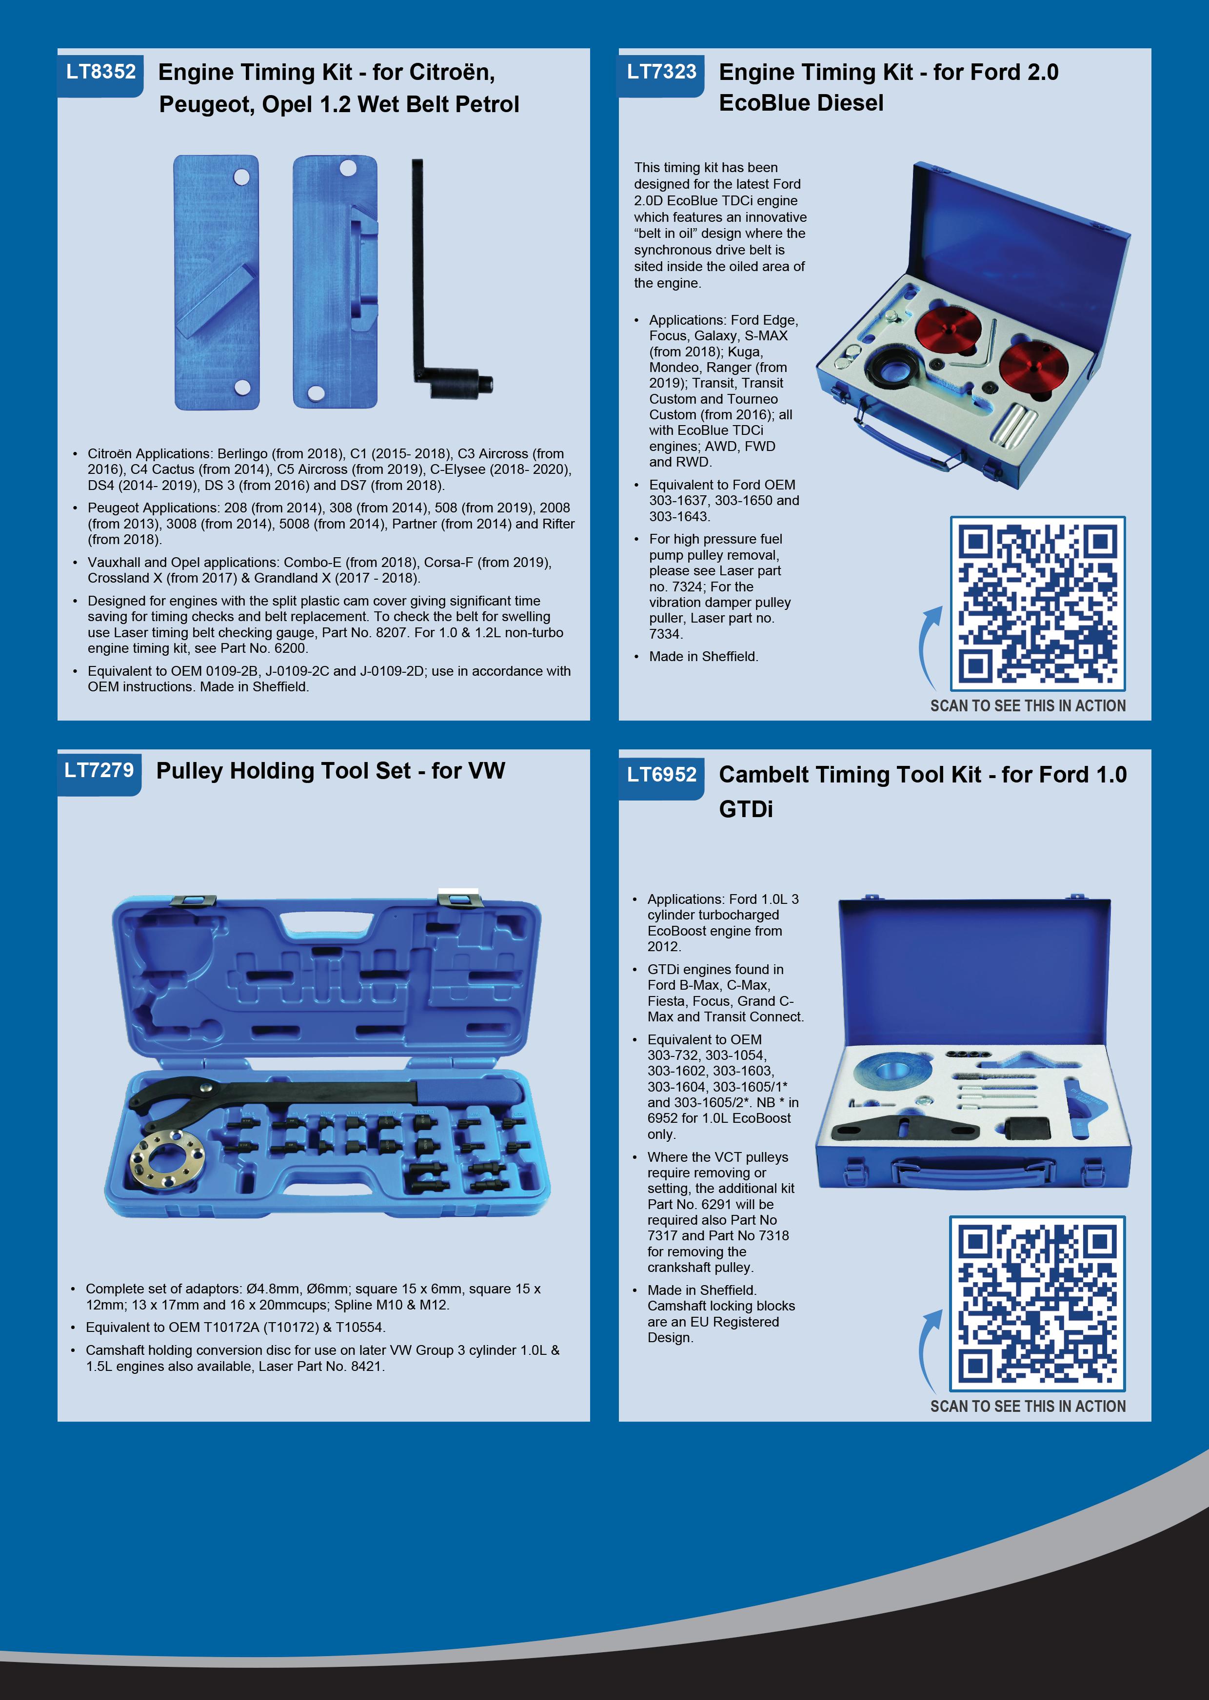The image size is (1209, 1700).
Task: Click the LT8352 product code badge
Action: (100, 72)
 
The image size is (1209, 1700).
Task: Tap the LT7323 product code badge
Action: (661, 72)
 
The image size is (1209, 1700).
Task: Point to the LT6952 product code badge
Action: (661, 775)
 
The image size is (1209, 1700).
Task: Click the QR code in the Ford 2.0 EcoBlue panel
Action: (1037, 604)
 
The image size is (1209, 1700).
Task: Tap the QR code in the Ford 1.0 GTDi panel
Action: (1037, 1304)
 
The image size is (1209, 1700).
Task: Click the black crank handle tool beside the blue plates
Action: (447, 278)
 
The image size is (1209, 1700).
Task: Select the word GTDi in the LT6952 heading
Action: (746, 809)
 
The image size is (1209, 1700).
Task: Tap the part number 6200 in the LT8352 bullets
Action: (290, 648)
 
